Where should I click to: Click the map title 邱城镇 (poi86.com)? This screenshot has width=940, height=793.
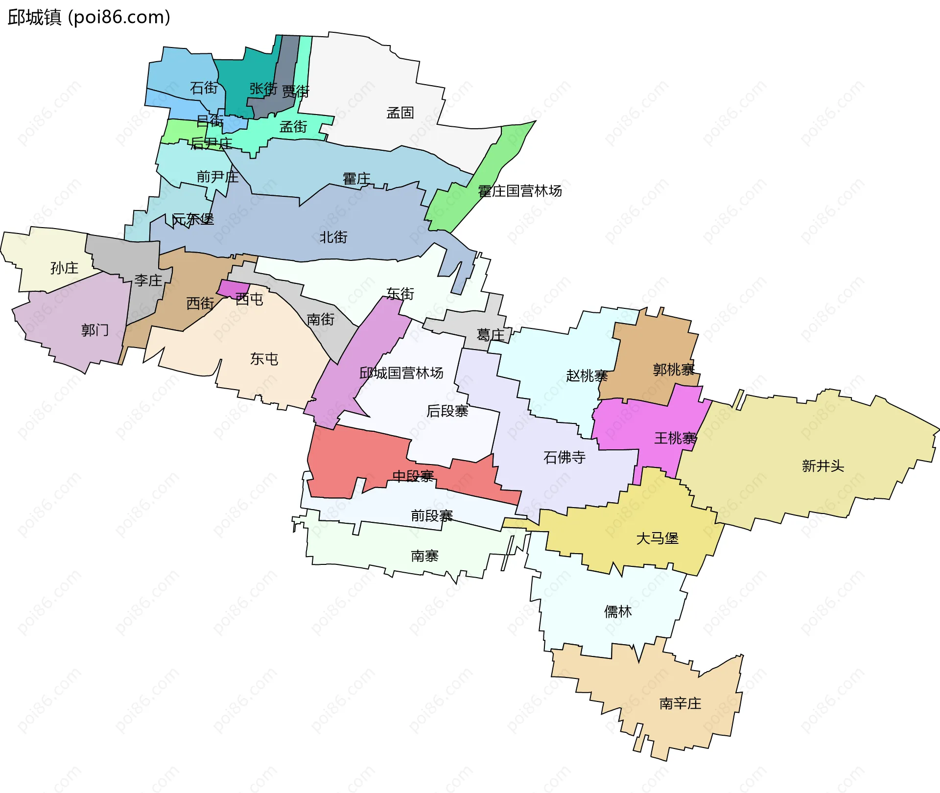(89, 18)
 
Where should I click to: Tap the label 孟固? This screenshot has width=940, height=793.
(400, 113)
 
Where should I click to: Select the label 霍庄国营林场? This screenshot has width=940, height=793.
(519, 191)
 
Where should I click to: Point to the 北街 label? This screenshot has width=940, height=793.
(333, 237)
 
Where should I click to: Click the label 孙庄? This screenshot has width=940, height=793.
(64, 268)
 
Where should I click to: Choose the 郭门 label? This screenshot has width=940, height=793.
(95, 330)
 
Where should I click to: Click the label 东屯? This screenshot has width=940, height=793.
(264, 359)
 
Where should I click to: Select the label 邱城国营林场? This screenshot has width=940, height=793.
(401, 373)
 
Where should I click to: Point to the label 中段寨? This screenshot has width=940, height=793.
(413, 476)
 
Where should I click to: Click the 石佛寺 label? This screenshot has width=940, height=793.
(564, 458)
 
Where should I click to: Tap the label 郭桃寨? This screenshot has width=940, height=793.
(674, 370)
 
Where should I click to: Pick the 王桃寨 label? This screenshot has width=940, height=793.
(675, 438)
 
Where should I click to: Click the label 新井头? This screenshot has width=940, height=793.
(823, 466)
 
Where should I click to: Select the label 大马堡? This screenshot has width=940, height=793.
(657, 539)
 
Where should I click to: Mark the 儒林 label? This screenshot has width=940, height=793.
(618, 612)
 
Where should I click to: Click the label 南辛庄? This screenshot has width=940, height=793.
(680, 704)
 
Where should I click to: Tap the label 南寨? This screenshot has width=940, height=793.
(424, 556)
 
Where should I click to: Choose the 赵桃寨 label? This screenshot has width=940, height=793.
(587, 376)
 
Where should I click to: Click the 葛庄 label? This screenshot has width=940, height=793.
(491, 335)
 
